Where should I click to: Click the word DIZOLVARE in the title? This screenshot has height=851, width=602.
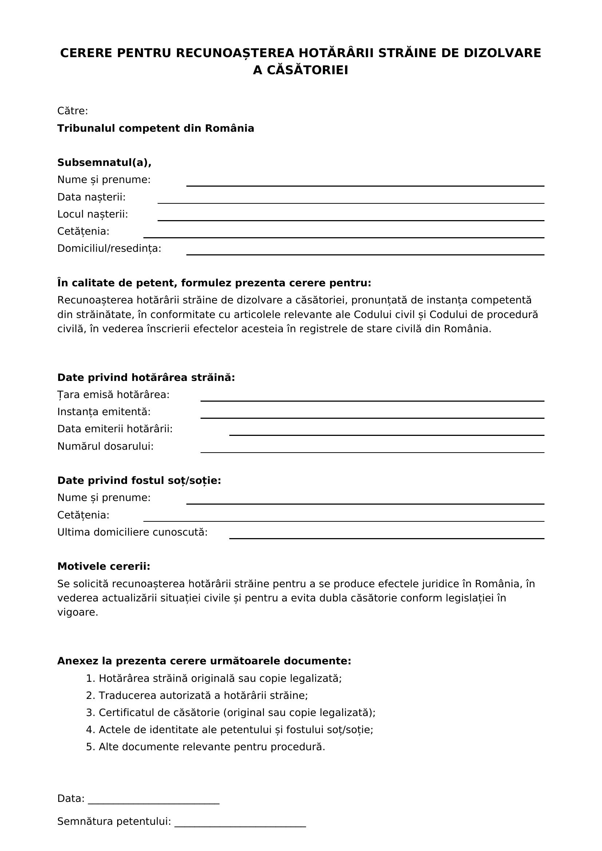[x=502, y=53]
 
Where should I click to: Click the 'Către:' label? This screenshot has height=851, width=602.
[x=73, y=111]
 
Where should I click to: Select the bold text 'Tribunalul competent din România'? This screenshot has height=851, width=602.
[x=155, y=128]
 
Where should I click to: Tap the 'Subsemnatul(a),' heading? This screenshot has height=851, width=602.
[x=104, y=162]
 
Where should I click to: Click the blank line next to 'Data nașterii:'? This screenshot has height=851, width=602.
[x=350, y=200]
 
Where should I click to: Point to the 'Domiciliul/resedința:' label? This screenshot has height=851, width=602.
[x=109, y=248]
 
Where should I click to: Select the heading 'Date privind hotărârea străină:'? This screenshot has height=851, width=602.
[x=146, y=377]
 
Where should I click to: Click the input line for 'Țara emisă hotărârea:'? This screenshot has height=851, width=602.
[x=372, y=398]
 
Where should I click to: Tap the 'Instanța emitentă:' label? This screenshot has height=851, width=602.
[x=104, y=412]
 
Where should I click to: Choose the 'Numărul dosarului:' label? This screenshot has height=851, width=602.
[x=105, y=446]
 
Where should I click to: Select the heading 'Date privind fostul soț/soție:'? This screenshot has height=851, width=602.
[x=139, y=480]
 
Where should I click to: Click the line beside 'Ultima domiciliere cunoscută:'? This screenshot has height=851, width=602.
[x=387, y=536]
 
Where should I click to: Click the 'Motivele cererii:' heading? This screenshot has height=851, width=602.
[x=103, y=566]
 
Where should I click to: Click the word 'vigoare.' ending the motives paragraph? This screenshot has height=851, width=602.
[x=78, y=612]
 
